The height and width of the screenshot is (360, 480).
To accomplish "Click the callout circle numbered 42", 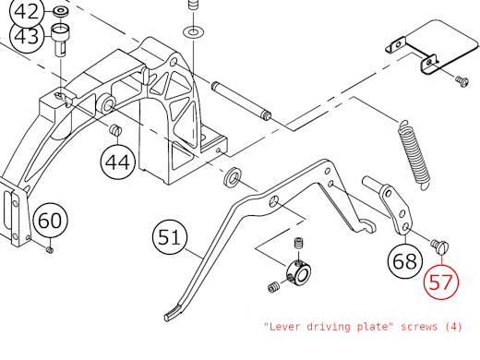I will tap(27, 12).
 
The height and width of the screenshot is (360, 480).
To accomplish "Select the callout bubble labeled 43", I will tap(27, 38).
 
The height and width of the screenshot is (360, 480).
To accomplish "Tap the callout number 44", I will tap(118, 163).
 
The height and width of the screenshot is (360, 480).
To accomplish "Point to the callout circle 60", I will tap(51, 222).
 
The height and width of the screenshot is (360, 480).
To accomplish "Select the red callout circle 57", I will tap(441, 282).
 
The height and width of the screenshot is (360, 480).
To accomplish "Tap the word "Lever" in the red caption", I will tap(284, 326).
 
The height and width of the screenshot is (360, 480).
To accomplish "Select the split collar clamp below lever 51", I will tap(299, 272).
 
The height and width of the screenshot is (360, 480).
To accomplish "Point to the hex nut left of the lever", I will tap(234, 175).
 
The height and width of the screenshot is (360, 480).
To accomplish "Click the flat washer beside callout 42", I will tap(61, 11).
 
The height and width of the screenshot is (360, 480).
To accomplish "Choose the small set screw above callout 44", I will tap(116, 131).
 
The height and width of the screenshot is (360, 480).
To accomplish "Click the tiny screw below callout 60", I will tap(52, 246).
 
